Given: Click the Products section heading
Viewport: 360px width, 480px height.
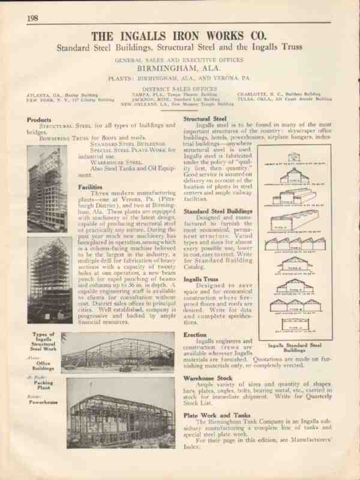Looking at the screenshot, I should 39,119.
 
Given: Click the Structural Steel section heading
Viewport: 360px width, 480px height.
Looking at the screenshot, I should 205,119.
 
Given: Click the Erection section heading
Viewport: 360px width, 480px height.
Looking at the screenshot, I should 196,334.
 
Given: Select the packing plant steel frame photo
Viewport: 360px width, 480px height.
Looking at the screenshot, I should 118,352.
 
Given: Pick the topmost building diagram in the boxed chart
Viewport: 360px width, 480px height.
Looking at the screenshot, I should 295,158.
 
